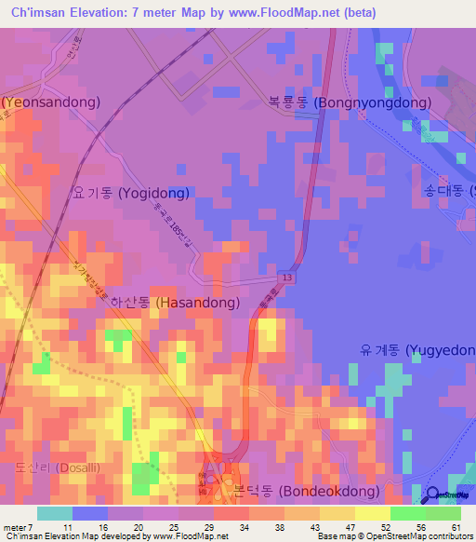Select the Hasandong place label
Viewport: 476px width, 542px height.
[x=175, y=303]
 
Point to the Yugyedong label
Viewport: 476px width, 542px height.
[x=417, y=350]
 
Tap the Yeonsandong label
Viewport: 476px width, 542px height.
[x=50, y=102]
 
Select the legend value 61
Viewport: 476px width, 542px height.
[x=455, y=528]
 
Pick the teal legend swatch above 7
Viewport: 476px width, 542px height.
[x=54, y=513]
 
